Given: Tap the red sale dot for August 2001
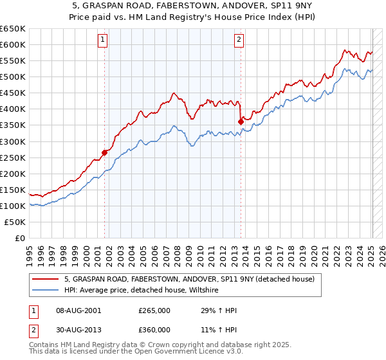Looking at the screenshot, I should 104,152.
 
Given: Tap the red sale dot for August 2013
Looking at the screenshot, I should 241,121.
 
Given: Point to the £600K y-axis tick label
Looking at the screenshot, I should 13,44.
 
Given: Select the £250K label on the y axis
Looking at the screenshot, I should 13,157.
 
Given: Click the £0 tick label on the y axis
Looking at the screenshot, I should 21,238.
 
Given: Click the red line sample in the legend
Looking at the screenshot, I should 45,280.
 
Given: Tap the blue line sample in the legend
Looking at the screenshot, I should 45,291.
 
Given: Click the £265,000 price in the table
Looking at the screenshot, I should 154,310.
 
